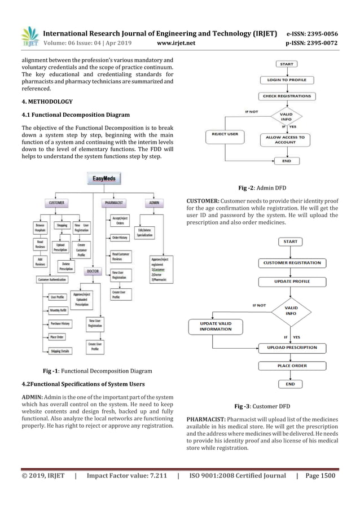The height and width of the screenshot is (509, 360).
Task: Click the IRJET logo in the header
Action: click(x=29, y=35)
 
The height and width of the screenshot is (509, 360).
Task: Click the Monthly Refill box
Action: click(x=59, y=310)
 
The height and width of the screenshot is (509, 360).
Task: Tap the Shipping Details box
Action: click(x=60, y=350)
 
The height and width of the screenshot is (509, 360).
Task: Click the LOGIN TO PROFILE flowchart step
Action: click(x=286, y=81)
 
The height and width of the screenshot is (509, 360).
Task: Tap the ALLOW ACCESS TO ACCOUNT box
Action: click(x=285, y=140)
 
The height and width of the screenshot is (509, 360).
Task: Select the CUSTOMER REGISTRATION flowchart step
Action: click(x=287, y=263)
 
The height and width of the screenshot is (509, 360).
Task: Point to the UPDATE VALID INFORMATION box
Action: click(x=216, y=326)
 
